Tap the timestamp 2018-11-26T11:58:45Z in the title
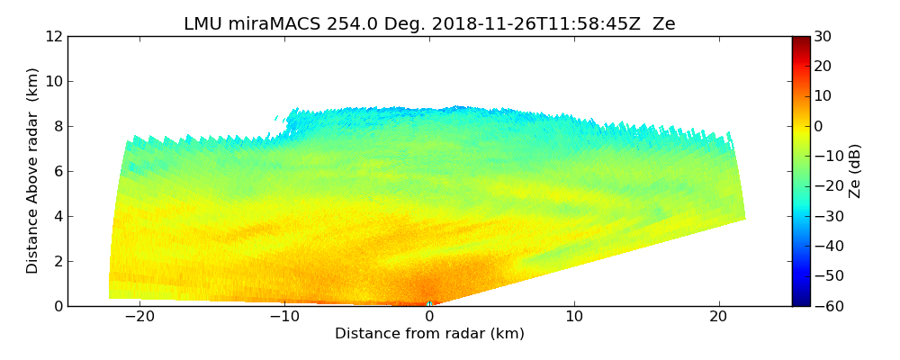[524, 24]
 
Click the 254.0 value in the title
[332, 24]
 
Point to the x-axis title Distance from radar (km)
[429, 334]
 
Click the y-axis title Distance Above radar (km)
[33, 170]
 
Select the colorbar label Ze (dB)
[855, 170]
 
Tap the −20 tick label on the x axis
[139, 318]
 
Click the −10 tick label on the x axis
[284, 318]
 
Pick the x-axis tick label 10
[574, 318]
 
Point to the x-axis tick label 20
[719, 318]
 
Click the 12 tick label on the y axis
[54, 37]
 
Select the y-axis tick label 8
[58, 127]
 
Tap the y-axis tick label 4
[58, 217]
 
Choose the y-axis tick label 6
[58, 172]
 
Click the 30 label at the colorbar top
[823, 37]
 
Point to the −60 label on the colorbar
[826, 306]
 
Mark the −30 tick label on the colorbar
[826, 216]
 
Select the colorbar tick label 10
[823, 96]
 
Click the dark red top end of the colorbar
[801, 40]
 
